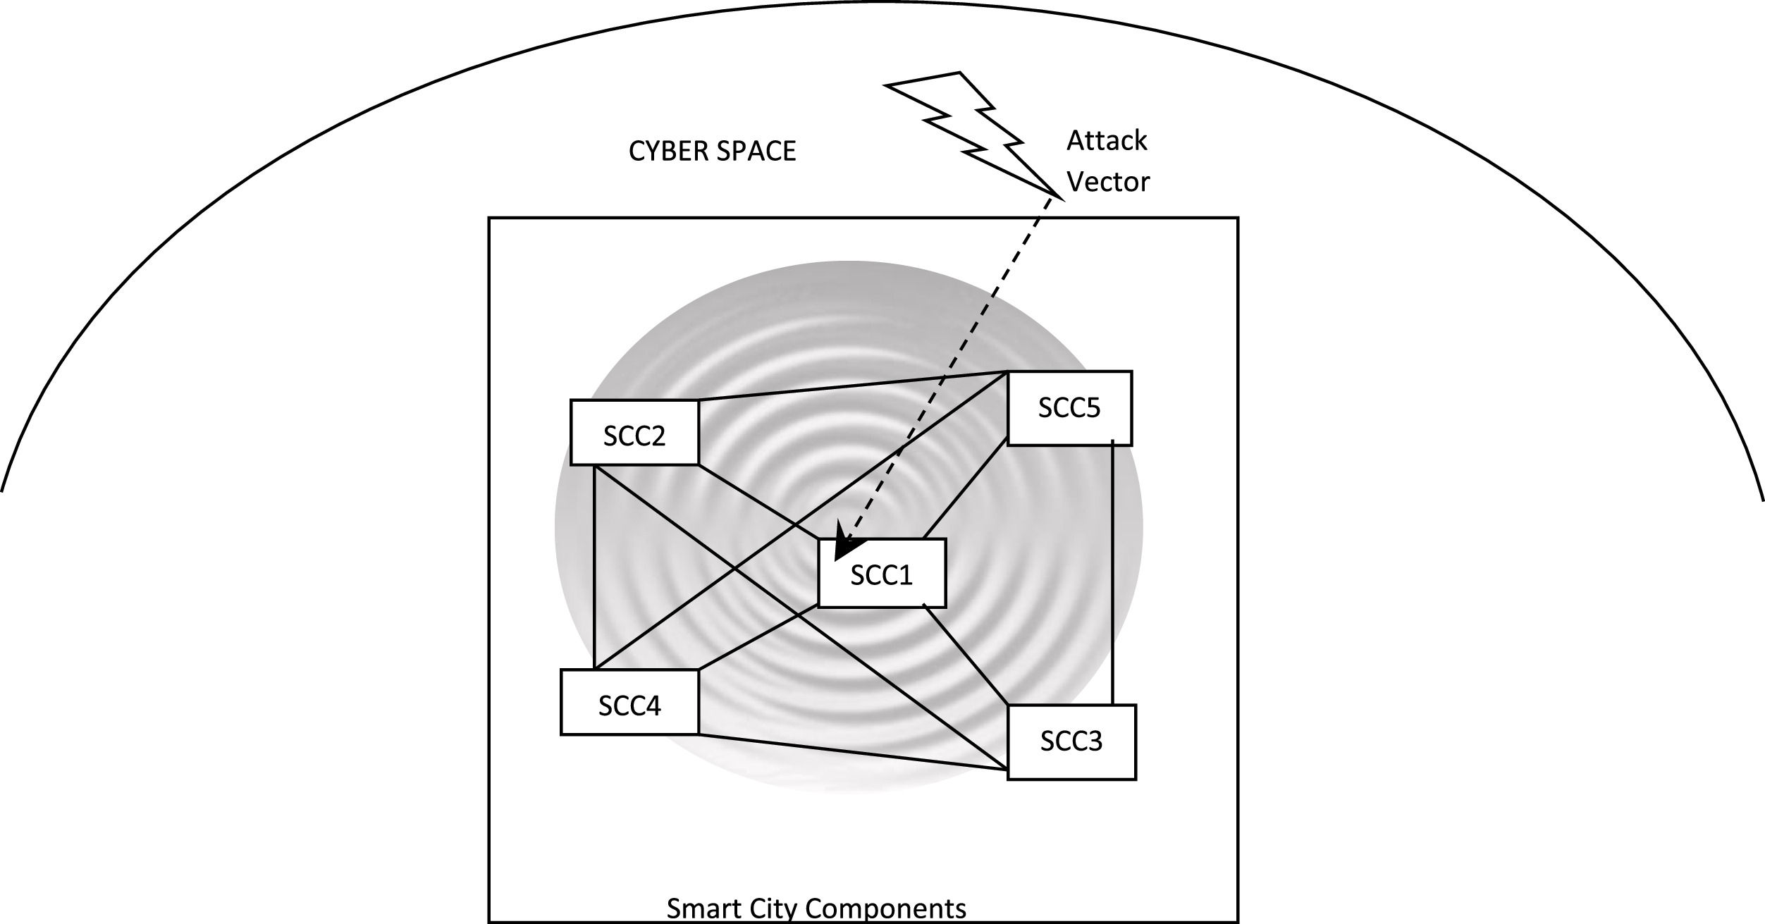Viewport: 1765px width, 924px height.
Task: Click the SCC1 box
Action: point(881,574)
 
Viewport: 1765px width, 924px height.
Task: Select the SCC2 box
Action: point(634,433)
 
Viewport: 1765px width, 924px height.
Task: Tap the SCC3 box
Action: point(1071,742)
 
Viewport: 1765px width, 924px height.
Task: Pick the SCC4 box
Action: point(629,703)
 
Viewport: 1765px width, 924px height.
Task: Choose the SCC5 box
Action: point(1069,408)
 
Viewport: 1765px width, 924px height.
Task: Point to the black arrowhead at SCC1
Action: point(847,547)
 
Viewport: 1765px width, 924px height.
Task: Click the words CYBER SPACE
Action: point(712,152)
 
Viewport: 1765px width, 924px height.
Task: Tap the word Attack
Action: point(1107,141)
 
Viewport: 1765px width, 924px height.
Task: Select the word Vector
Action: point(1108,183)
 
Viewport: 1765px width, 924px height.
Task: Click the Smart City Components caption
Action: point(816,908)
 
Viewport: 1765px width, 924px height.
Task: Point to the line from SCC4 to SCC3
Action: point(853,753)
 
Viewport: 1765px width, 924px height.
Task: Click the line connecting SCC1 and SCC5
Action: point(965,488)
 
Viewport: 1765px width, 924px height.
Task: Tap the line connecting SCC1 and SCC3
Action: point(966,655)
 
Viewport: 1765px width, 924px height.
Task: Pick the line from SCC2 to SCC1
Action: point(758,501)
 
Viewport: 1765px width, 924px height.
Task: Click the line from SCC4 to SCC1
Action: point(758,639)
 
